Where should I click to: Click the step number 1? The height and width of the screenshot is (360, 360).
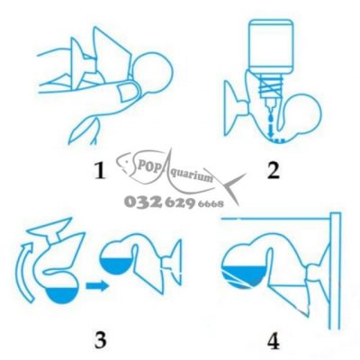[100, 170]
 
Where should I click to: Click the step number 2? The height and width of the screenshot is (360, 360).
[273, 170]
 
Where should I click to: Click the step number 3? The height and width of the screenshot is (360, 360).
[100, 340]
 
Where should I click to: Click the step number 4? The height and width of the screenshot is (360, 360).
[274, 341]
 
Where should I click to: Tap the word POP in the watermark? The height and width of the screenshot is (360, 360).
[143, 165]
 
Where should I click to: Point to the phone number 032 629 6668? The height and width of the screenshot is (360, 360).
[174, 202]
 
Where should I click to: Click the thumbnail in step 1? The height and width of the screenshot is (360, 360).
[127, 91]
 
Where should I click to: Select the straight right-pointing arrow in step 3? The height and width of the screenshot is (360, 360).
[97, 285]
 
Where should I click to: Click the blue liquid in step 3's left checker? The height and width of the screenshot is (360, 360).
[62, 295]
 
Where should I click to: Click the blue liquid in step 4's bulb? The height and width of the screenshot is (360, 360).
[243, 276]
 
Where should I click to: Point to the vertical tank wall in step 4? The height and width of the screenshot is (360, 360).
[336, 271]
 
